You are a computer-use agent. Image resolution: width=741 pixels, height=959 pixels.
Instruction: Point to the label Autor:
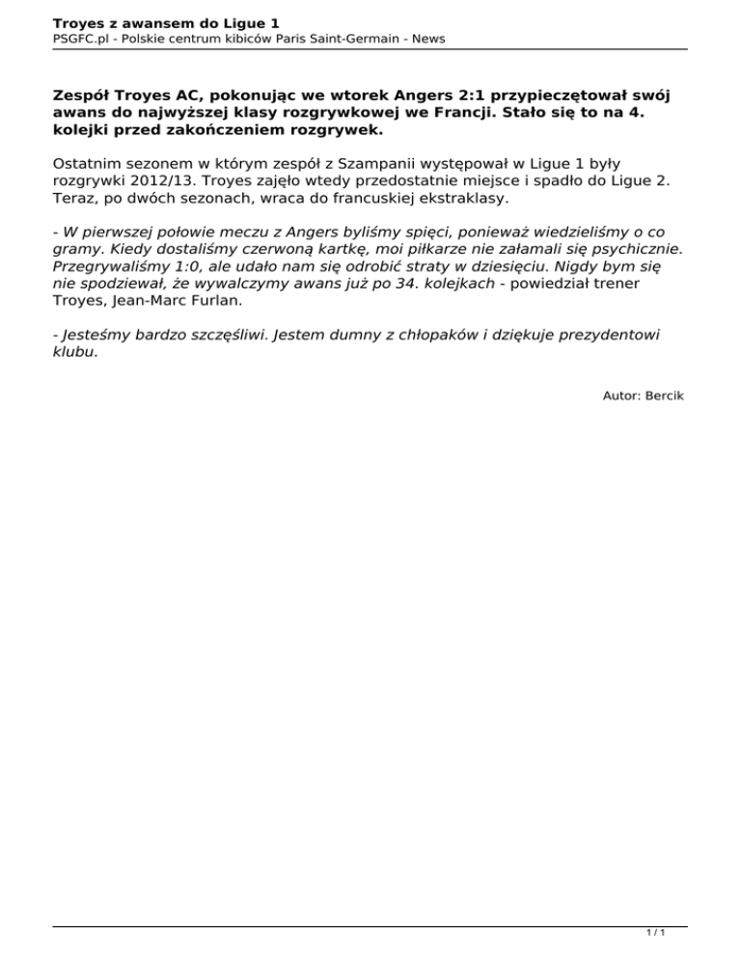pyautogui.click(x=622, y=396)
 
